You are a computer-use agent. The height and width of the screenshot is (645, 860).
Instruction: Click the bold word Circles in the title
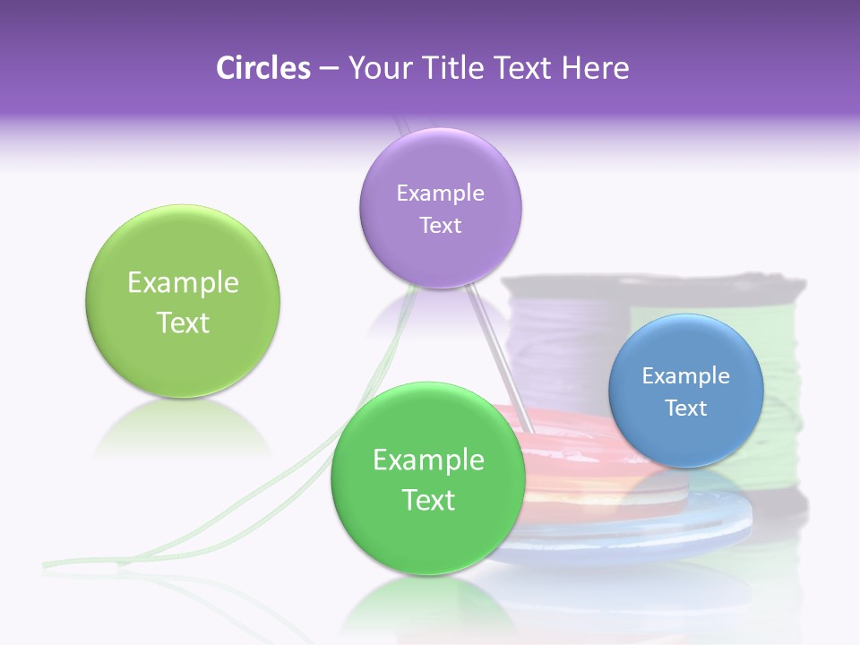(262, 68)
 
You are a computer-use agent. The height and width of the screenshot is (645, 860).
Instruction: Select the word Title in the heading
(457, 68)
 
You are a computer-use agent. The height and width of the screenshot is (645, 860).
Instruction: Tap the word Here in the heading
(595, 68)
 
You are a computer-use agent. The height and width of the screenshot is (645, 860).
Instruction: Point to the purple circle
(440, 208)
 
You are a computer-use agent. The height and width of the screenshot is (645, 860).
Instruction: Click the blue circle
(685, 391)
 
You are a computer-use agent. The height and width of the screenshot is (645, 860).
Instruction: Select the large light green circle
(183, 301)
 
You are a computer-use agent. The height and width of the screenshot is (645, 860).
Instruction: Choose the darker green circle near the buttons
(428, 478)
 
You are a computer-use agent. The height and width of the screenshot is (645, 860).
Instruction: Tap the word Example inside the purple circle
(440, 193)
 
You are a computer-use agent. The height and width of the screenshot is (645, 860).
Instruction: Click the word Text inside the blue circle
(686, 408)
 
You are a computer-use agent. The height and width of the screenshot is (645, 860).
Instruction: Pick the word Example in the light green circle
(183, 283)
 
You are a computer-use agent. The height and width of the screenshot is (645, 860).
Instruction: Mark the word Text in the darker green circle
(428, 500)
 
